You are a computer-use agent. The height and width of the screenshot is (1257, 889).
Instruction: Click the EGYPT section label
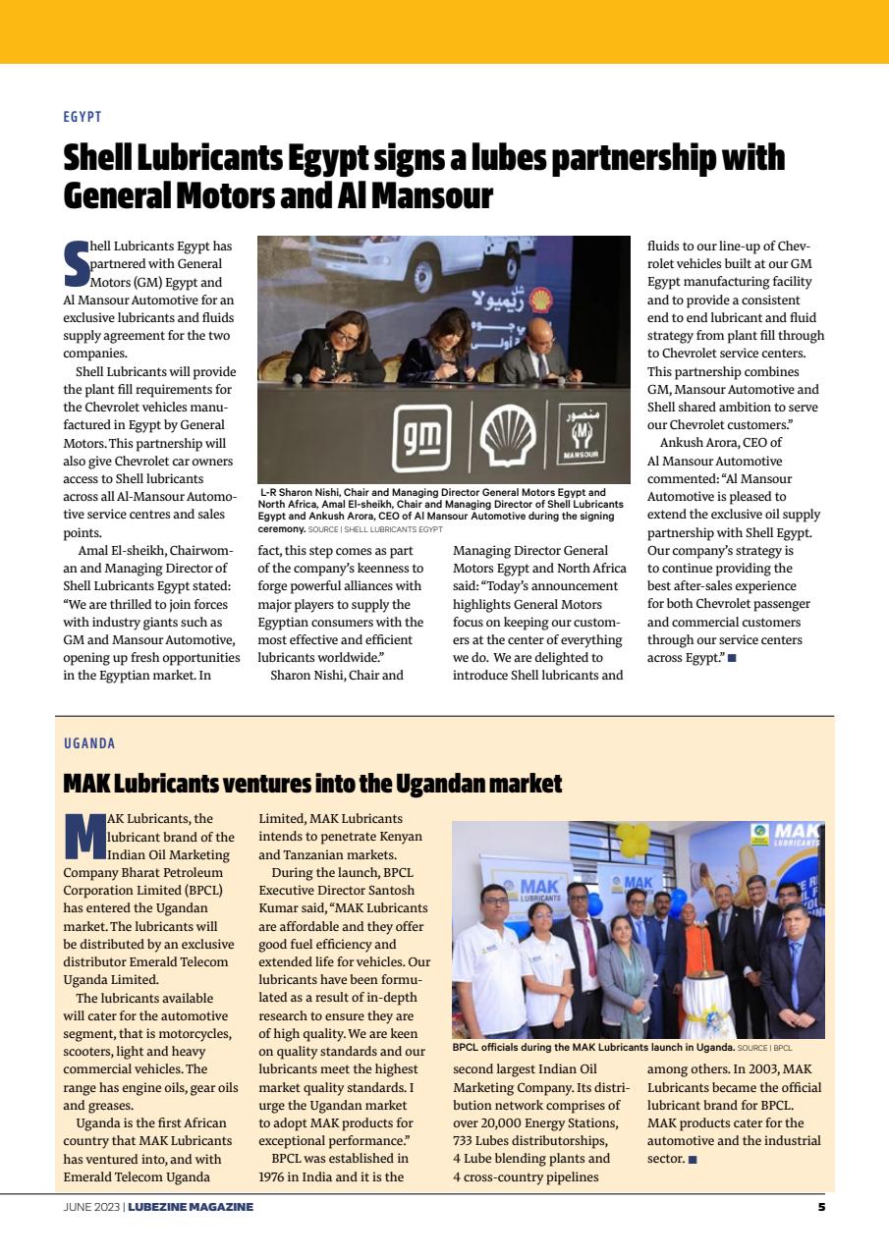[83, 117]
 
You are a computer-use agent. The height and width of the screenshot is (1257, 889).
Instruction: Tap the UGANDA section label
[89, 743]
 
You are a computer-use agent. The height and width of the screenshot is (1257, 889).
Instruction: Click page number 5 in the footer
[821, 1207]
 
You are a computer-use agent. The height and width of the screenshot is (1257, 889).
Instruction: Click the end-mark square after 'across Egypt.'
[732, 658]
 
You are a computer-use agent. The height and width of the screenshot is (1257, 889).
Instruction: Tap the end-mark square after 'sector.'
[693, 1160]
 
